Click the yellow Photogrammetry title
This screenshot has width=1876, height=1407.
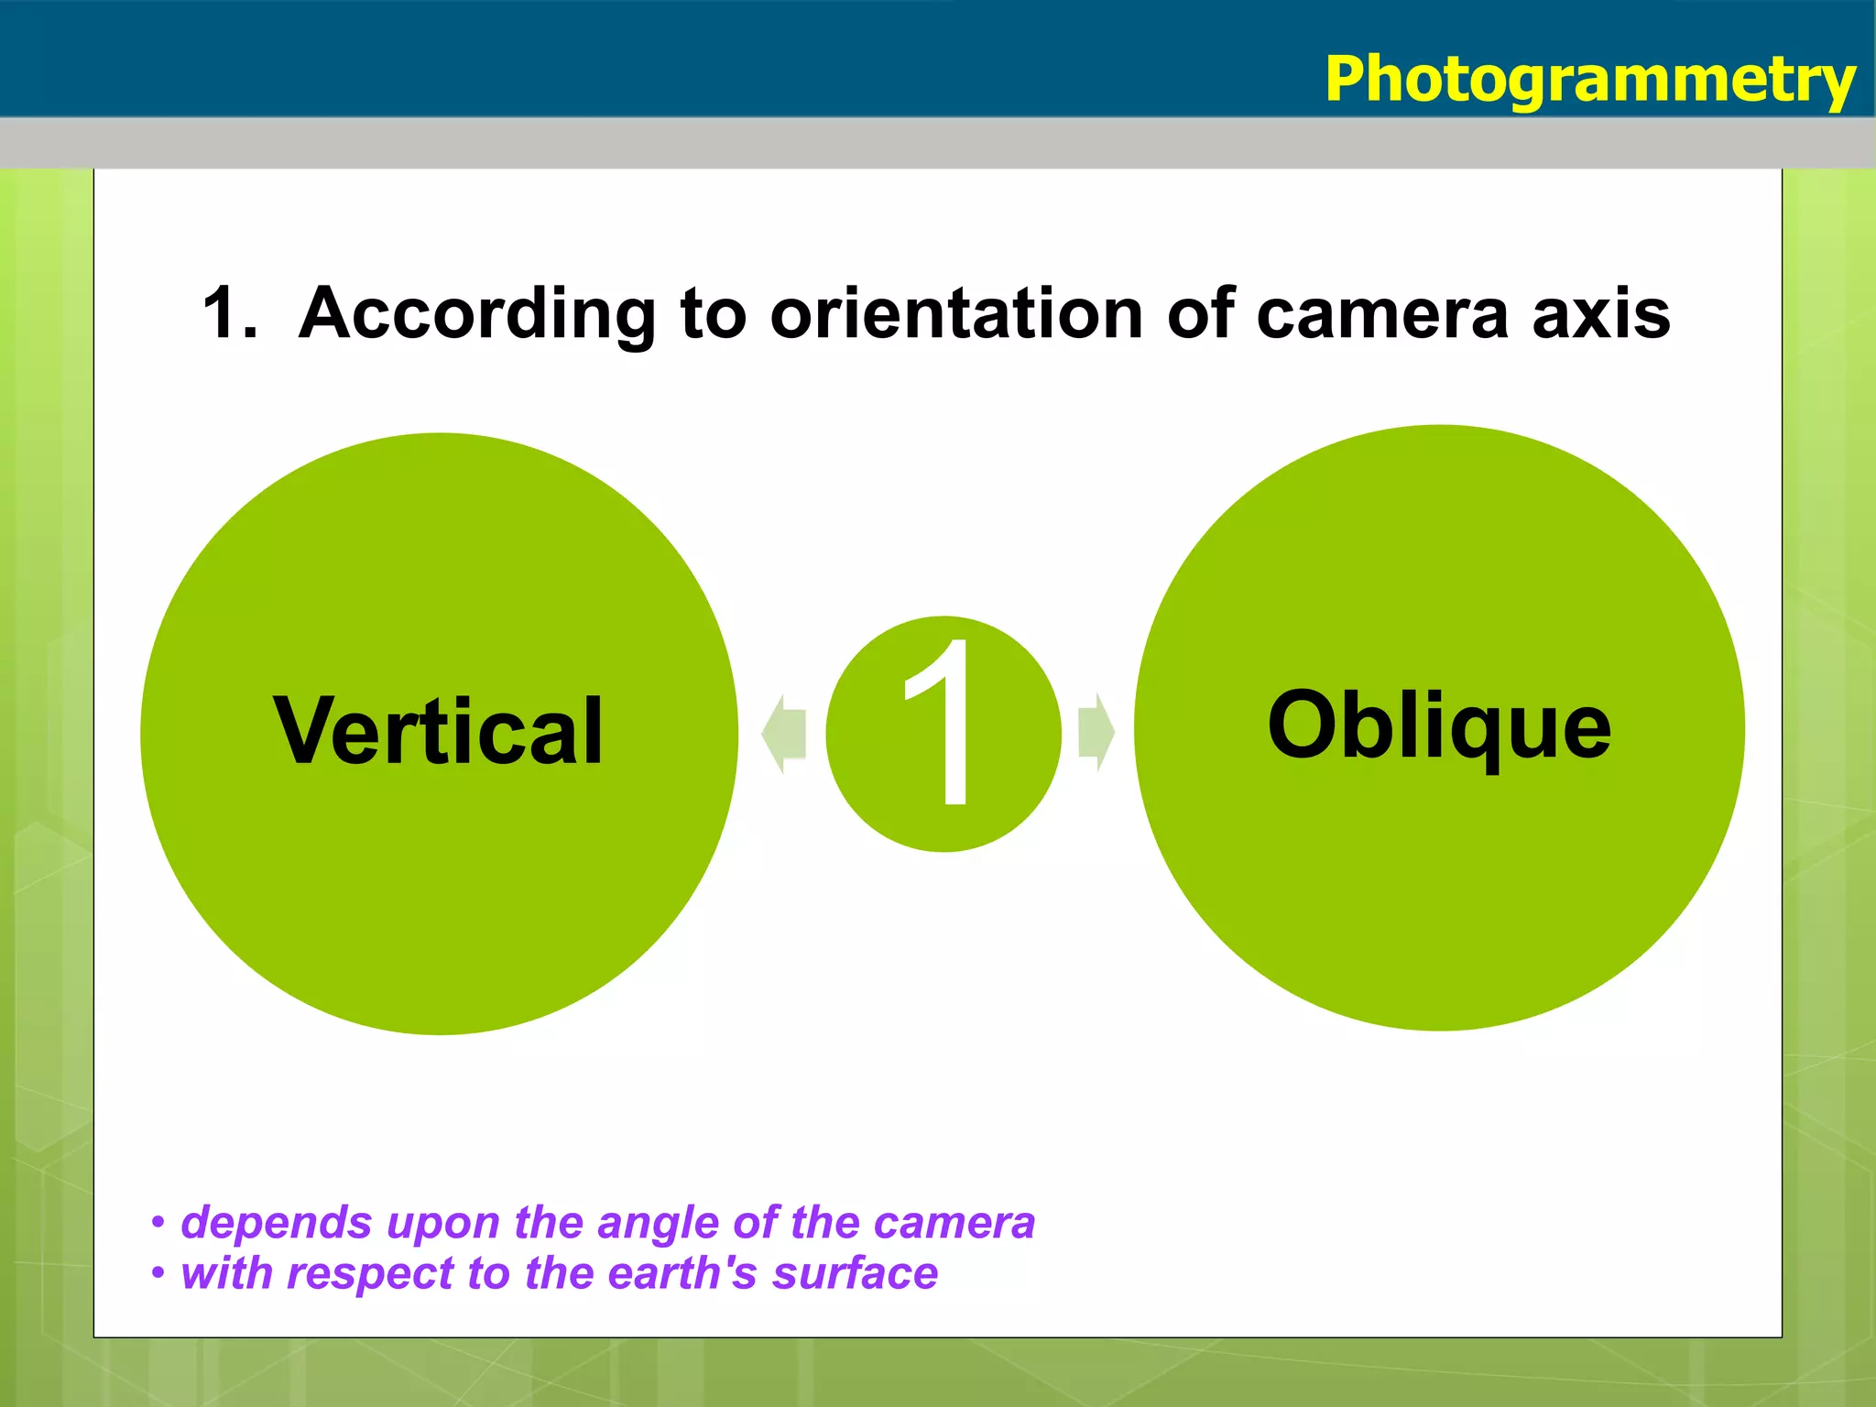coord(1589,81)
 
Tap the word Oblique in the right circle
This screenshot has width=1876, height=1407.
coord(1438,725)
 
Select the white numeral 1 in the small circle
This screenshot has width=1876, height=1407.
coord(943,724)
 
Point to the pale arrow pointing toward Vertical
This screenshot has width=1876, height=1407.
coord(784,733)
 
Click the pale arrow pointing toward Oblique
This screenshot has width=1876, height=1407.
coord(1096,733)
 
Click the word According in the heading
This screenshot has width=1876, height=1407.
coord(477,314)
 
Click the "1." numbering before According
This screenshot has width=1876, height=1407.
coord(229,314)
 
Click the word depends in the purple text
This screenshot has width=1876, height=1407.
coord(276,1224)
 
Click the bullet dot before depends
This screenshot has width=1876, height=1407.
coord(158,1223)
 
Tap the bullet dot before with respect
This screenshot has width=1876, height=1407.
coord(158,1273)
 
